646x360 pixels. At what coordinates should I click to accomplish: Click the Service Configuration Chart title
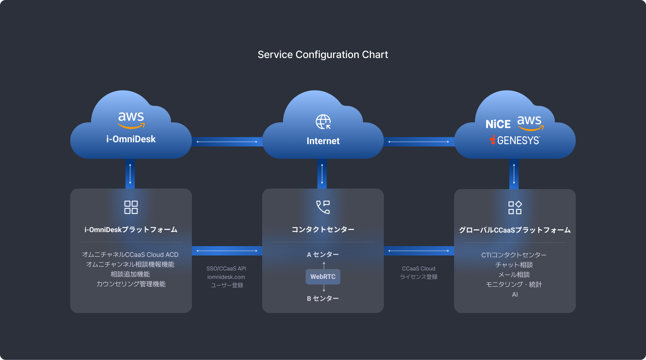point(323,55)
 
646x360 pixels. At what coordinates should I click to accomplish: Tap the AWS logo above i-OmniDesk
point(131,120)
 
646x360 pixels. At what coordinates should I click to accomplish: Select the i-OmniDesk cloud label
point(131,139)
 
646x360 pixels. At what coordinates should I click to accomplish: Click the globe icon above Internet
point(323,122)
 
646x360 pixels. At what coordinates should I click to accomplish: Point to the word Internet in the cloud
point(323,141)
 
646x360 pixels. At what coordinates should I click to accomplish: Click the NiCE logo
point(498,124)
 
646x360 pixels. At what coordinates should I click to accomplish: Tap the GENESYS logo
point(515,140)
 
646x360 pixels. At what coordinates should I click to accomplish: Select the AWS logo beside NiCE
point(530,122)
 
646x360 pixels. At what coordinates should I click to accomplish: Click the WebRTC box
point(323,277)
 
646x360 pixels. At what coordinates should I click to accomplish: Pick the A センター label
point(323,255)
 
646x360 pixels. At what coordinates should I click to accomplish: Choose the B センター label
point(323,299)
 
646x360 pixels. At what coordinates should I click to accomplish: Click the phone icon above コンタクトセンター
point(323,207)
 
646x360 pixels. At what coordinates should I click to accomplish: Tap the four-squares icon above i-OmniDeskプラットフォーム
point(131,207)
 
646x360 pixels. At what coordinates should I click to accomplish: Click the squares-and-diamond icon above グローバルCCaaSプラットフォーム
point(515,207)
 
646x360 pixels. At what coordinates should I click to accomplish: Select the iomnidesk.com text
point(226,277)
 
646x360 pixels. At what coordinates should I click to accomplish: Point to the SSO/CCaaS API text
point(226,269)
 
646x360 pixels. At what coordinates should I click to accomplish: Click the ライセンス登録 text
point(419,277)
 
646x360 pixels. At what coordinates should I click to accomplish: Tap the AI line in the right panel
point(515,294)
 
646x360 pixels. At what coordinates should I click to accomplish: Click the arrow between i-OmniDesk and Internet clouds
point(227,142)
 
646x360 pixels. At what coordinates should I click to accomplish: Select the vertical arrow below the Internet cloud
point(322,174)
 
